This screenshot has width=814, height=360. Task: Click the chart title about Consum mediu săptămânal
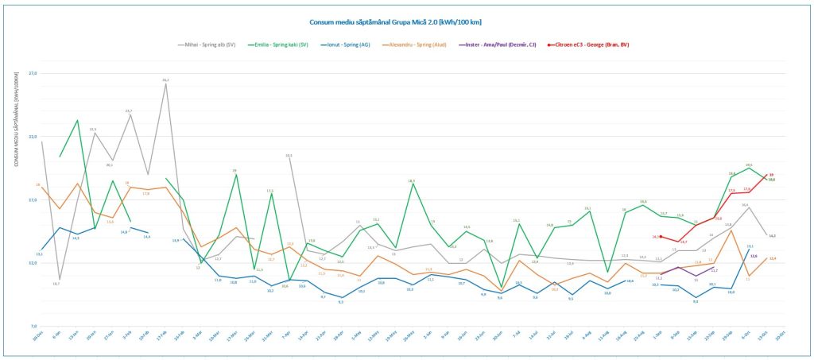click(405, 23)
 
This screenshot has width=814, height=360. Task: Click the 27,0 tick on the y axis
click(33, 74)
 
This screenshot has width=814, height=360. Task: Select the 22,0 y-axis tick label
click(33, 137)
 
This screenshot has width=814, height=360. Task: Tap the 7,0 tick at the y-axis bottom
click(33, 326)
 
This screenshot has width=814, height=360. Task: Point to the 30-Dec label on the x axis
click(37, 338)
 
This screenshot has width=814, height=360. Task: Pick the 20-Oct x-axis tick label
click(780, 338)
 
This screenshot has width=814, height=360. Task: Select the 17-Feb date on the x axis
click(161, 338)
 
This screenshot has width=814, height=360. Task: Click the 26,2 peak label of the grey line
click(165, 80)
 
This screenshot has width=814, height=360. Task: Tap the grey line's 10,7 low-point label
click(56, 284)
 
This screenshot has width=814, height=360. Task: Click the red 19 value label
click(771, 175)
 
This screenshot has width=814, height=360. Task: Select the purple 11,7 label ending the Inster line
click(715, 271)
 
